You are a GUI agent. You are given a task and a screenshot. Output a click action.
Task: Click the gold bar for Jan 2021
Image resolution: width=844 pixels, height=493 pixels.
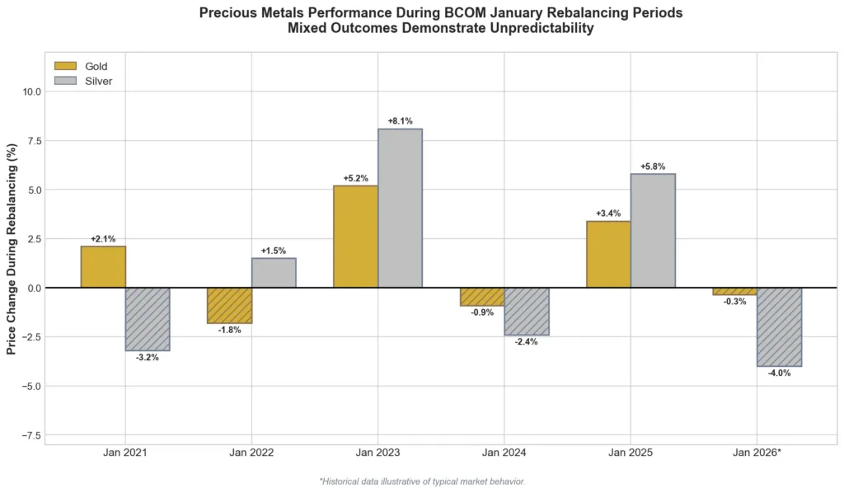[103, 267]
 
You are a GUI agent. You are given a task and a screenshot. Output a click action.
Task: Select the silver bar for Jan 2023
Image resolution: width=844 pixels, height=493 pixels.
[400, 208]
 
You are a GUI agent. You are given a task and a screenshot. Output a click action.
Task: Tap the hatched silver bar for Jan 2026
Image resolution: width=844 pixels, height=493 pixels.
[779, 326]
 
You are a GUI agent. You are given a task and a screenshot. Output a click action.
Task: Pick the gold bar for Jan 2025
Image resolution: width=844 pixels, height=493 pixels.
[608, 254]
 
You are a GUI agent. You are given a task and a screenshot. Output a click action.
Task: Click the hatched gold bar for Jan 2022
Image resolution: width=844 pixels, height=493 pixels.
[229, 305]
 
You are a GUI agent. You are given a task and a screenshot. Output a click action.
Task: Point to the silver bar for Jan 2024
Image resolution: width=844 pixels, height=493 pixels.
[526, 311]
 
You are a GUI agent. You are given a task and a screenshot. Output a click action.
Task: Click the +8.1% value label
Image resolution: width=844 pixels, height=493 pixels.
[400, 121]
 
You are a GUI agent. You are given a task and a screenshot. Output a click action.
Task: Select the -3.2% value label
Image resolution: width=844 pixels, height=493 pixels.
[148, 358]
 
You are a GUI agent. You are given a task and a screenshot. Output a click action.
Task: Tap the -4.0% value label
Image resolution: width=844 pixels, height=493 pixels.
[779, 373]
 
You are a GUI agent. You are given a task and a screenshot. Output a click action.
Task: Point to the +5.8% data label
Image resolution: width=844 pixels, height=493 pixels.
[653, 167]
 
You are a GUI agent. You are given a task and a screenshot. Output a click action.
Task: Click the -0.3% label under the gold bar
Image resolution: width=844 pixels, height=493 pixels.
[734, 302]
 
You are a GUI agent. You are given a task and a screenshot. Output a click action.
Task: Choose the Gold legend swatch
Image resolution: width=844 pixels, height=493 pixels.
[65, 66]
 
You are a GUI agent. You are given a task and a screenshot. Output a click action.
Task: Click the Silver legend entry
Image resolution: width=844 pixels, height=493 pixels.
[98, 81]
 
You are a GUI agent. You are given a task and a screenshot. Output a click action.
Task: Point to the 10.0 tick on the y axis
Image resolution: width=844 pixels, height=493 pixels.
[32, 92]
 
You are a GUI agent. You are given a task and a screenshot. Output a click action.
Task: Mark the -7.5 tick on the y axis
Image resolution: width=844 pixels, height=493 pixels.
[32, 434]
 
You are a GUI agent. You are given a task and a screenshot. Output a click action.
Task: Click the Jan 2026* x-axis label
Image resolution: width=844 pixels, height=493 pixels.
[757, 453]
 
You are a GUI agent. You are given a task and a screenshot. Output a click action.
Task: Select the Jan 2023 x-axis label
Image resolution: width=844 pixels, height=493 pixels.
[377, 453]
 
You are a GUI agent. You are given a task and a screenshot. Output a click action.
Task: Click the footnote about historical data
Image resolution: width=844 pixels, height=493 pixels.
[421, 481]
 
